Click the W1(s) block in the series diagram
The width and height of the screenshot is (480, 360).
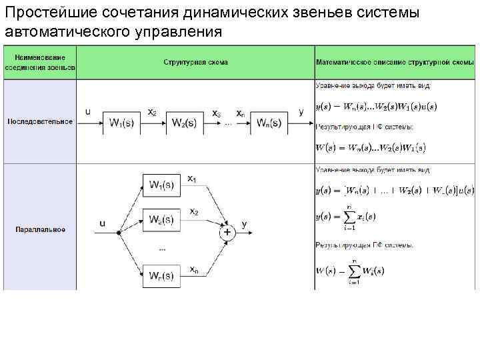(x=125, y=124)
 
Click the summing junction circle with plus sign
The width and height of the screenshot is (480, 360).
(x=227, y=232)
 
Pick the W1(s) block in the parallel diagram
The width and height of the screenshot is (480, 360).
(x=162, y=185)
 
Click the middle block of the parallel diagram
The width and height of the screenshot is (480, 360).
(x=162, y=219)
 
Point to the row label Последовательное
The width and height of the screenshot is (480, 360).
(x=40, y=121)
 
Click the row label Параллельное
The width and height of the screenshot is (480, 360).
(x=40, y=229)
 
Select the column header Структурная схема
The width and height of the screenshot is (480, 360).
(x=195, y=62)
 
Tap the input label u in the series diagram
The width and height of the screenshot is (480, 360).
(x=88, y=112)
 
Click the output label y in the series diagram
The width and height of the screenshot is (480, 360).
(x=301, y=112)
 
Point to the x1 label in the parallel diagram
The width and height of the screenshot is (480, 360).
(x=192, y=178)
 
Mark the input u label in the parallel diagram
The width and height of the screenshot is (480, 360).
(x=102, y=224)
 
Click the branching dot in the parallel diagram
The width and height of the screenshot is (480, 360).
(x=118, y=232)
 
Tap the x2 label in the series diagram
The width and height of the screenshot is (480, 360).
(x=152, y=112)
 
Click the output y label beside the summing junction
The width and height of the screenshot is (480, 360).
(x=244, y=224)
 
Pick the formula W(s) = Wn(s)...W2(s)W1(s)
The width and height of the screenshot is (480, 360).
(x=371, y=147)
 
